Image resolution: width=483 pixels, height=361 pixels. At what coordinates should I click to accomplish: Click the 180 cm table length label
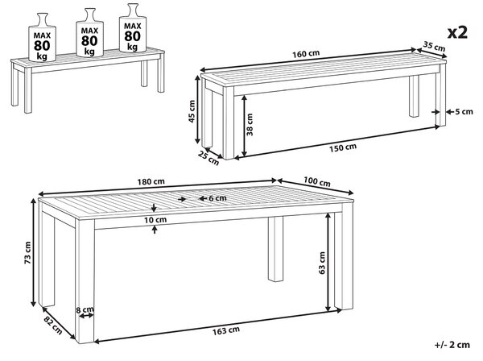pos(151,181)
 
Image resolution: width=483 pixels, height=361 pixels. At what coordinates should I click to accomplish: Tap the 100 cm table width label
pos(317,181)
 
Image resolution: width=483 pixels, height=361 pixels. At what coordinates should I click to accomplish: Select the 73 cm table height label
pos(27,253)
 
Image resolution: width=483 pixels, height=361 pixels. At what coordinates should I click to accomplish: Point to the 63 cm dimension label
pos(322,263)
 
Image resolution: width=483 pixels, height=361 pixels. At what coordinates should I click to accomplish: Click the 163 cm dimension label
pos(225,331)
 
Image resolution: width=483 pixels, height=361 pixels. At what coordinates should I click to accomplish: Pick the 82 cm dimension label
pos(53,326)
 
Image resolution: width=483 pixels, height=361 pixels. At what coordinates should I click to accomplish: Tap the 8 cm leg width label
pos(85,309)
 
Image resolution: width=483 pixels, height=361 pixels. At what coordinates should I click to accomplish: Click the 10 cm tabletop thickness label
pos(155,219)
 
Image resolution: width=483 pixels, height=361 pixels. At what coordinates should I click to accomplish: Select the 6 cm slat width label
pos(217,198)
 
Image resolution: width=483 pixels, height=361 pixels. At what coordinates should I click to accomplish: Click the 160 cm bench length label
pos(306,54)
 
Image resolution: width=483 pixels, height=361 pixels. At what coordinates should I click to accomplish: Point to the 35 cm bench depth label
pos(434,46)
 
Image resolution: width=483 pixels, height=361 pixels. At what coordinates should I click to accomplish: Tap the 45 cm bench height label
pos(192,111)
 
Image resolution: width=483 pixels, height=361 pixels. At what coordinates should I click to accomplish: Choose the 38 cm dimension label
pos(250,125)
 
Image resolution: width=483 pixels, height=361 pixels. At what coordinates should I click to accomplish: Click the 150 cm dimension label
pos(343,147)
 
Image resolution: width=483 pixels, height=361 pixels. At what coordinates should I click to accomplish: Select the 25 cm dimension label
pos(208,158)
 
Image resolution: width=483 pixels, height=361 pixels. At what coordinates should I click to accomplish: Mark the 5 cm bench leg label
pos(464,111)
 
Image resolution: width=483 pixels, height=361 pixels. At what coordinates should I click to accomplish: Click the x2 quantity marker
pos(457,32)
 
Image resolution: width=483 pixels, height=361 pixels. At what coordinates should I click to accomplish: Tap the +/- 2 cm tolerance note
pos(452,345)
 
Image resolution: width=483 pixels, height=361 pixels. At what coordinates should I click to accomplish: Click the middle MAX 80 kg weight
pos(89,32)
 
